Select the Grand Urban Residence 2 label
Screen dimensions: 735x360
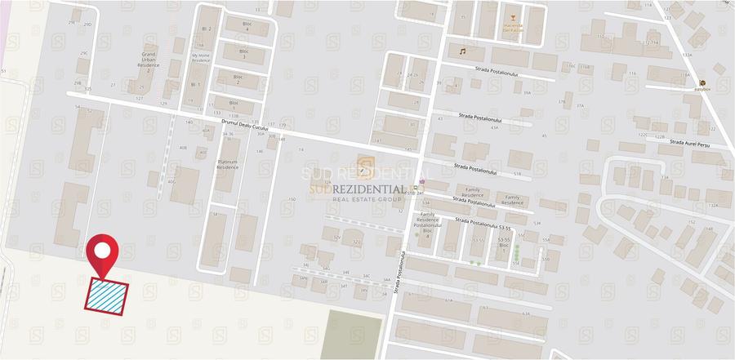148,63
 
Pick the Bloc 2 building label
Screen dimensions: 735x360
238,80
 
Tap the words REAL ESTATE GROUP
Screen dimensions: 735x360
365,199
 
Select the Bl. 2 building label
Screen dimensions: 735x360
207,29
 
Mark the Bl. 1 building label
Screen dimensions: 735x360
195,84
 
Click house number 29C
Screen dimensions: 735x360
83,53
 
